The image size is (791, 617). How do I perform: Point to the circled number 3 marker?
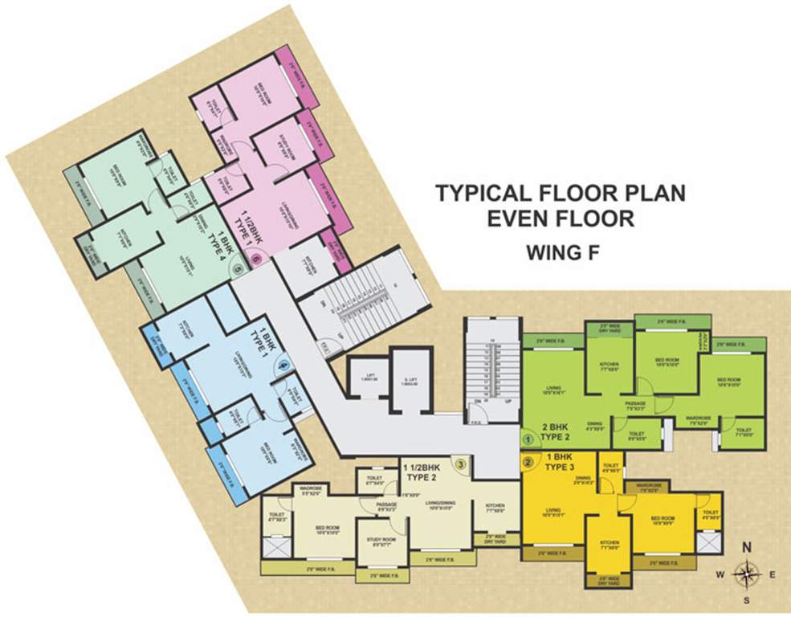pyautogui.click(x=460, y=463)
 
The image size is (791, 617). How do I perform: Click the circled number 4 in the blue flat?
pyautogui.click(x=282, y=366)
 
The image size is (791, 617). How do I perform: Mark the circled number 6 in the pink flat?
pyautogui.click(x=255, y=259)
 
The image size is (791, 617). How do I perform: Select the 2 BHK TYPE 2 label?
pyautogui.click(x=557, y=433)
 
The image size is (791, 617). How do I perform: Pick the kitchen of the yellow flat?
pyautogui.click(x=608, y=549)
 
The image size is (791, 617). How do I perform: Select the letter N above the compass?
pyautogui.click(x=746, y=547)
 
